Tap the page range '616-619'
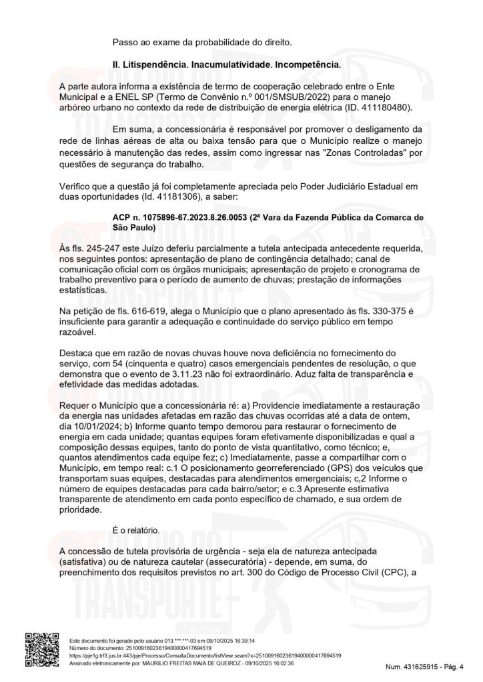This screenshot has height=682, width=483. tap(149, 312)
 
